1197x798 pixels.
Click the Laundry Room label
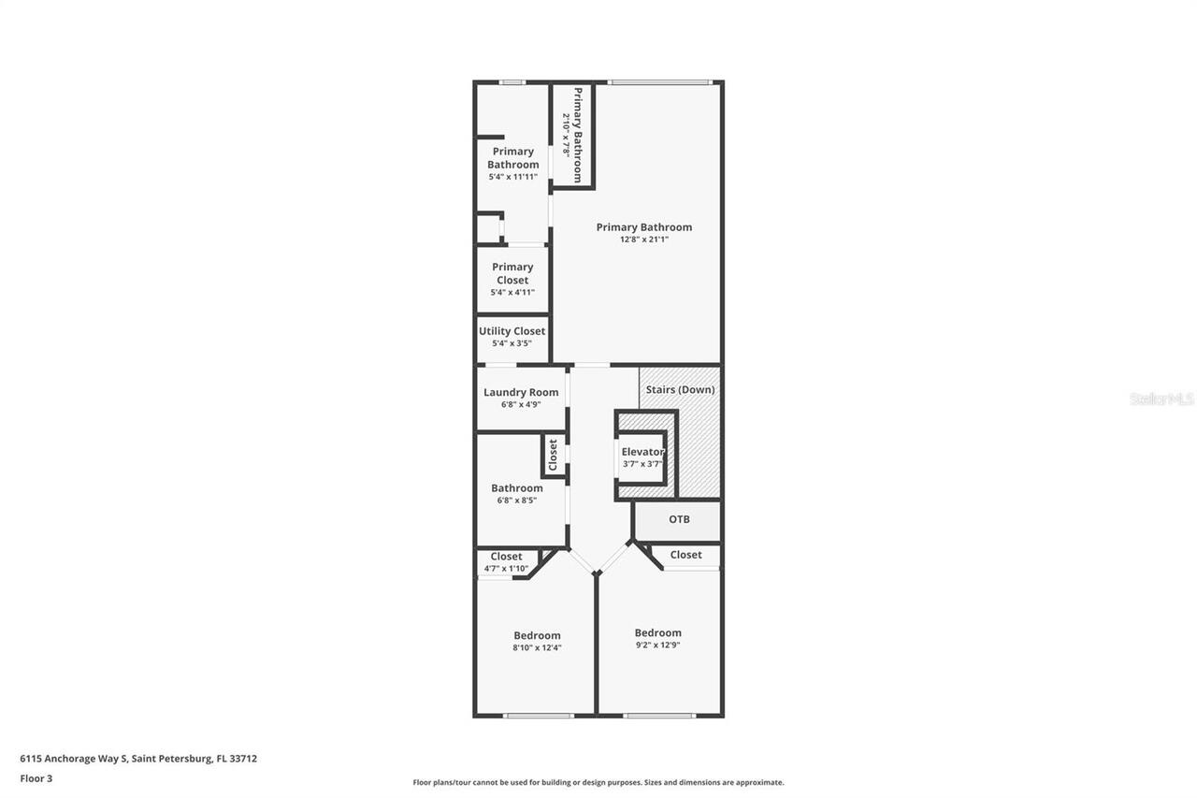coord(521,392)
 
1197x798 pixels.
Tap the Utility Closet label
coord(512,331)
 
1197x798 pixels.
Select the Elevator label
coord(642,452)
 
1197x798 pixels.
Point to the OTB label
coord(679,519)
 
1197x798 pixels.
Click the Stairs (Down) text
coord(680,389)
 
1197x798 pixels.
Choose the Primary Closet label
coord(512,273)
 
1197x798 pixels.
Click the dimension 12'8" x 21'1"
coord(644,239)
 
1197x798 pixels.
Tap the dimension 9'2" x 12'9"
coord(657,645)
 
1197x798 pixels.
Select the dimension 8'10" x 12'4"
coord(537,647)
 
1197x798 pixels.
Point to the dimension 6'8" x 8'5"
coord(517,501)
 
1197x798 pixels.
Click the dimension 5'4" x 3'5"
coord(512,343)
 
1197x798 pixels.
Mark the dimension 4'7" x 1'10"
coord(506,569)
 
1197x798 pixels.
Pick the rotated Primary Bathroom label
coord(578,135)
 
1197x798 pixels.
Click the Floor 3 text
coord(36,777)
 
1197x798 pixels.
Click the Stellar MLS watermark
coord(1161,399)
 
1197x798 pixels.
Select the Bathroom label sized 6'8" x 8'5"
coord(517,487)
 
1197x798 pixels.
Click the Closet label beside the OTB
coord(685,555)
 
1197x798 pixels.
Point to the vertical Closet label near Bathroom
coord(553,455)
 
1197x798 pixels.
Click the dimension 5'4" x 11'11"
coord(512,177)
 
